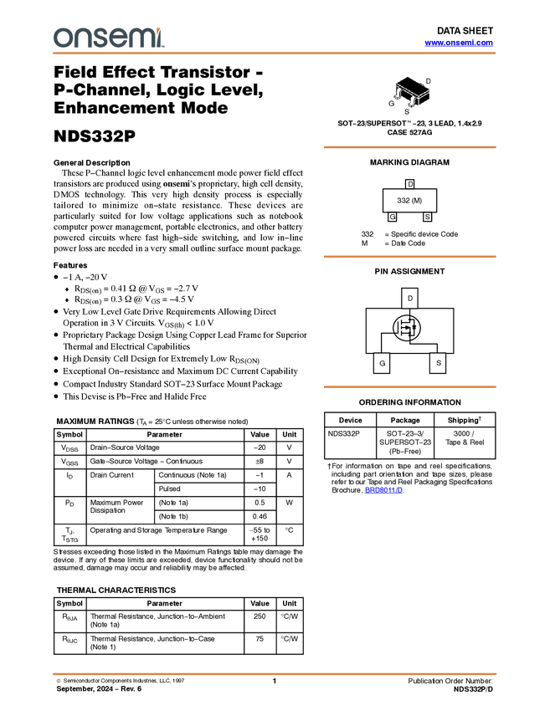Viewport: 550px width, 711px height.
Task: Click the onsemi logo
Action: pyautogui.click(x=107, y=38)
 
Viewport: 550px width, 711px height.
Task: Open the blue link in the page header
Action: pyautogui.click(x=459, y=43)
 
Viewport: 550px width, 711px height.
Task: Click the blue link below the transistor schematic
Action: pyautogui.click(x=383, y=491)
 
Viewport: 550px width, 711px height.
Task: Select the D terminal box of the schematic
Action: pyautogui.click(x=409, y=298)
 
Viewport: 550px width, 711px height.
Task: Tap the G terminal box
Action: pyautogui.click(x=382, y=363)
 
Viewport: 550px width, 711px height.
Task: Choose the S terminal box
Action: pyautogui.click(x=438, y=363)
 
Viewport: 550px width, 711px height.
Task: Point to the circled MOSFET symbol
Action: pyautogui.click(x=407, y=327)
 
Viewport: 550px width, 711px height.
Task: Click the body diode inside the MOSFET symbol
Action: pyautogui.click(x=414, y=327)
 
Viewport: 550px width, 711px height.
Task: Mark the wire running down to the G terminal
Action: pyautogui.click(x=382, y=343)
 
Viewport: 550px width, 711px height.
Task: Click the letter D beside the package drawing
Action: pyautogui.click(x=429, y=80)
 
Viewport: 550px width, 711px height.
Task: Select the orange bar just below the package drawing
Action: pyautogui.click(x=409, y=147)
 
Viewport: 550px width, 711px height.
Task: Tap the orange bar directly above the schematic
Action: pyautogui.click(x=409, y=257)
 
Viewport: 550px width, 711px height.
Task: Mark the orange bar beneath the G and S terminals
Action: pyautogui.click(x=409, y=386)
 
